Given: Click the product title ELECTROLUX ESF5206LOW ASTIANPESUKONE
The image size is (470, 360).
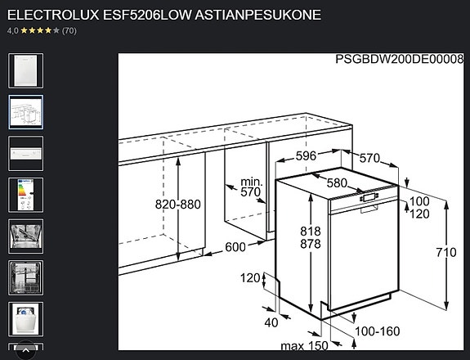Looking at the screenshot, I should (x=163, y=15).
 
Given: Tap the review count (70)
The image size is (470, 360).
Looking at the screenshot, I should (x=69, y=30).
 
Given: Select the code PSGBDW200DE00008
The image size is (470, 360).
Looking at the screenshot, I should (x=399, y=60).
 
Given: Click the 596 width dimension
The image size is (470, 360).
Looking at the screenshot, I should (x=306, y=155).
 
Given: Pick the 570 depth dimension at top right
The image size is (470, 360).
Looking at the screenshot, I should (x=370, y=158).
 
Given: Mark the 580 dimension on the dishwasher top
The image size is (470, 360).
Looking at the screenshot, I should (x=337, y=183).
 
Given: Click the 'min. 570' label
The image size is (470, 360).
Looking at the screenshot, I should (x=250, y=187).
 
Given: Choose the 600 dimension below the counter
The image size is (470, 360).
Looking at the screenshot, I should (x=235, y=247).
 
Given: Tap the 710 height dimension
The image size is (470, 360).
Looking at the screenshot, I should (x=446, y=252).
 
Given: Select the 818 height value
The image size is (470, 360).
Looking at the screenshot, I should (x=311, y=230).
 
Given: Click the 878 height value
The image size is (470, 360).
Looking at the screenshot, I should (x=311, y=244).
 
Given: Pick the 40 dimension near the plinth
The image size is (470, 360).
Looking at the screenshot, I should (x=271, y=322).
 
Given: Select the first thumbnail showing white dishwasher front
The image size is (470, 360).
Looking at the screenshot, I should (x=25, y=70).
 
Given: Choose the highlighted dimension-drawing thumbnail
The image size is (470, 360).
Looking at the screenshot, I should (x=25, y=112).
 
